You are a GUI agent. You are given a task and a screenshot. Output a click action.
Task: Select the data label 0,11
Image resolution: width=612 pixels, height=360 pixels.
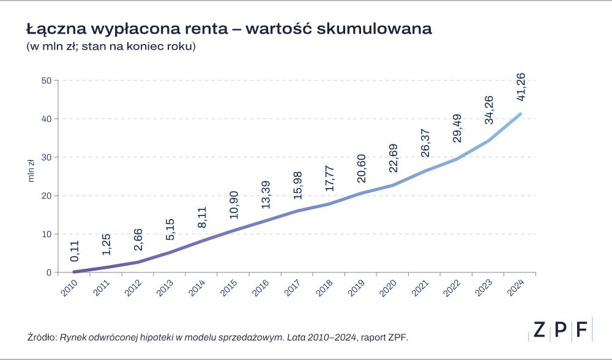pos(74,252)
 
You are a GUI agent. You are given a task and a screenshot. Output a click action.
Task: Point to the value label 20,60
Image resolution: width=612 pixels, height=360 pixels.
pos(361,174)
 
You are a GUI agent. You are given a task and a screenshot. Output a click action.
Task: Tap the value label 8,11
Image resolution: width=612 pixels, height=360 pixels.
pos(202,218)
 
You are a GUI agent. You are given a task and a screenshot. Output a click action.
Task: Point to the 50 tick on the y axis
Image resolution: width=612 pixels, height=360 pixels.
pos(47,80)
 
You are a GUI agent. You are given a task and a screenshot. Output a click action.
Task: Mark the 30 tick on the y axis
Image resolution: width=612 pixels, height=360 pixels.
pos(47,157)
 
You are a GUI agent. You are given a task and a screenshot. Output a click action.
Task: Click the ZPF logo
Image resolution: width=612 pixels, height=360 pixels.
pos(561,330)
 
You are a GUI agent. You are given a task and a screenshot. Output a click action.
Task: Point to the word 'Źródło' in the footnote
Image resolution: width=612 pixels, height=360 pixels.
pos(42,337)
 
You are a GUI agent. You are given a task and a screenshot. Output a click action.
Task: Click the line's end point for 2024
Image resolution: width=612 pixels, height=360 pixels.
pos(520,114)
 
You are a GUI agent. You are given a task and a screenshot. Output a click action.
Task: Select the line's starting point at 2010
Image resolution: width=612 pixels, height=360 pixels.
pos(74,272)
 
